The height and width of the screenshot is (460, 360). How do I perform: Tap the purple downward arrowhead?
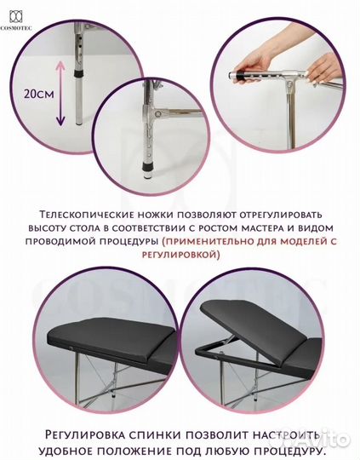pos(60,122)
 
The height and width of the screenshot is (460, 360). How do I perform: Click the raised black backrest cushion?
pos(255,320)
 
